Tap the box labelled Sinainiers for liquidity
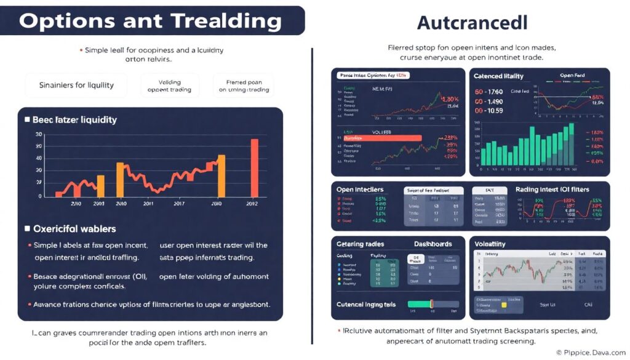[x=76, y=85]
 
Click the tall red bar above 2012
[x=254, y=167]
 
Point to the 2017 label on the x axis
[x=179, y=203]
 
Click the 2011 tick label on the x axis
[x=148, y=203]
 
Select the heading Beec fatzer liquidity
[x=75, y=119]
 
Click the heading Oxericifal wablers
[x=74, y=228]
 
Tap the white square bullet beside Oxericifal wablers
[x=27, y=228]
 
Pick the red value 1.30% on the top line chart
[x=450, y=98]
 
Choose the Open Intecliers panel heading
[x=360, y=189]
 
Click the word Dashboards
[x=433, y=244]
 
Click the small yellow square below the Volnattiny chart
[x=503, y=304]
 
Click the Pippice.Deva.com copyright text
[x=591, y=353]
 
